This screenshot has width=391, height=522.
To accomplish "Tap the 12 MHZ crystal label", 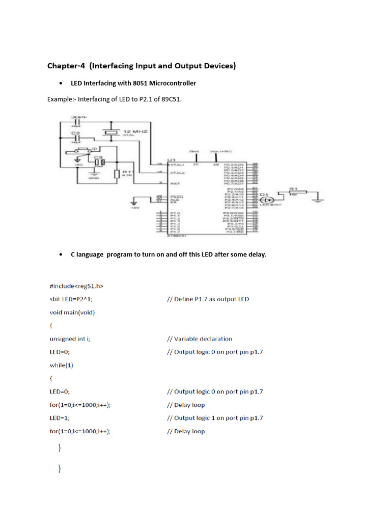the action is click(135, 132).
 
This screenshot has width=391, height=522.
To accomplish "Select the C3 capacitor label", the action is click(97, 157).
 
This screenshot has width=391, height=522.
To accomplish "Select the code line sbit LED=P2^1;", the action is click(71, 299).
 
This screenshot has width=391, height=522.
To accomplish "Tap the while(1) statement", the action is click(62, 365).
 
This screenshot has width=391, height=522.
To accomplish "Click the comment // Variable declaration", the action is click(200, 338).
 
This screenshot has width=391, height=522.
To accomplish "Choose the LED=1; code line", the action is click(60, 418).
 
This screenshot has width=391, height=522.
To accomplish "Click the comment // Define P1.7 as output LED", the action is click(208, 299).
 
